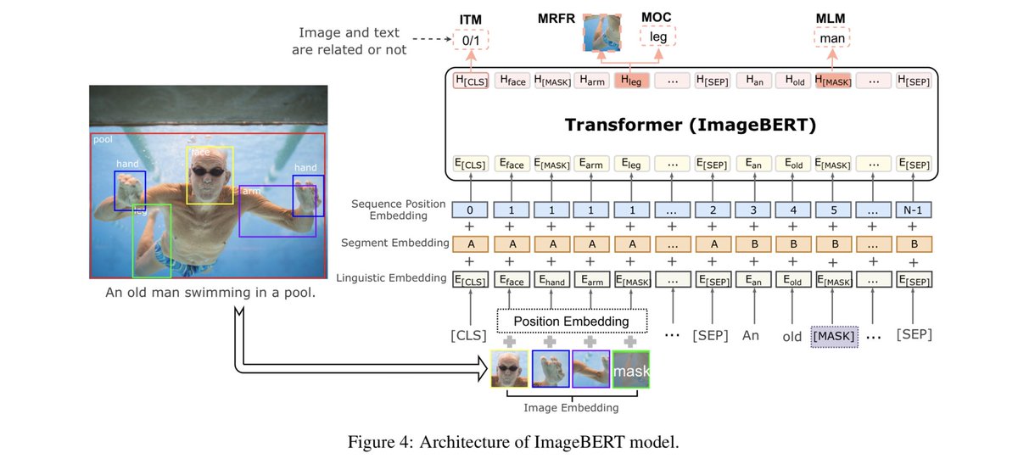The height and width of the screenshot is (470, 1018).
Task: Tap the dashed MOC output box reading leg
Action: click(658, 37)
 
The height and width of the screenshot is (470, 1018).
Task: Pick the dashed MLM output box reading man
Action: click(831, 37)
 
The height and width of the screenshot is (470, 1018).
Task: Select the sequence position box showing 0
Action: click(469, 209)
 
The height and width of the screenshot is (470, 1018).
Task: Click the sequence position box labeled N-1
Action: click(914, 209)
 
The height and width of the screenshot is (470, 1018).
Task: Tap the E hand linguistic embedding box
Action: click(551, 277)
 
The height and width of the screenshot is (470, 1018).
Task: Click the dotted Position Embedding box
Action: click(571, 321)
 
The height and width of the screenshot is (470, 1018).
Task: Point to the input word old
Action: click(792, 337)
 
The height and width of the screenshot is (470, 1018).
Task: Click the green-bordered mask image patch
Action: click(630, 370)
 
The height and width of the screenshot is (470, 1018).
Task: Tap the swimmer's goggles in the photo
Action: click(210, 171)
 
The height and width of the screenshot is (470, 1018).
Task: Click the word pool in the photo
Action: click(103, 137)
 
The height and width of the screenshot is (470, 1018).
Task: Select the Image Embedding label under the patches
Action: click(570, 408)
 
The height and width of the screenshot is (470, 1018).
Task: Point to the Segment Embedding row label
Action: click(394, 243)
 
